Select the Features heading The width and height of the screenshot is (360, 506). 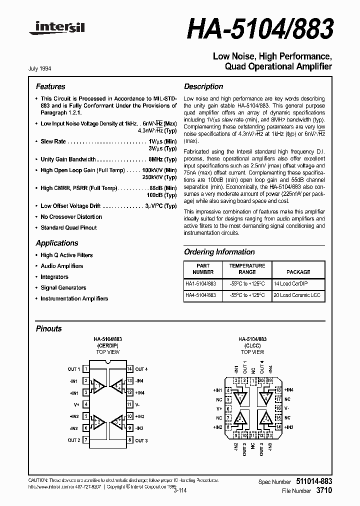(50, 86)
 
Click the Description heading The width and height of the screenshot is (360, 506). (203, 86)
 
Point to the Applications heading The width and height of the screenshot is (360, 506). (57, 243)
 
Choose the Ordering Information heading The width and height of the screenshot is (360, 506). (219, 252)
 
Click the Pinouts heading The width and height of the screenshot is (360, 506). (49, 328)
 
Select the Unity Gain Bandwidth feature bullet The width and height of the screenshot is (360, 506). (68, 159)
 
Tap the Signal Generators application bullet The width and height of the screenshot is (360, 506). (63, 287)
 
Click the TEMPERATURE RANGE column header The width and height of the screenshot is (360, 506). (247, 269)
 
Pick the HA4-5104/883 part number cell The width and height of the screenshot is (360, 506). (200, 295)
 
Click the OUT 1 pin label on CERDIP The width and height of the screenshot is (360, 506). (73, 369)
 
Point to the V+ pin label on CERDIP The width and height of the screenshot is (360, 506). (76, 404)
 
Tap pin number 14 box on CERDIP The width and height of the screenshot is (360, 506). (129, 369)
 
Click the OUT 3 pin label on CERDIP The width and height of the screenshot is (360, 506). (141, 440)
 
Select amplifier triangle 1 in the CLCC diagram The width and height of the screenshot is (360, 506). (241, 398)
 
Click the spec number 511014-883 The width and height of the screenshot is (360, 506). (312, 481)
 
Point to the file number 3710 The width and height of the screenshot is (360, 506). (324, 491)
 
